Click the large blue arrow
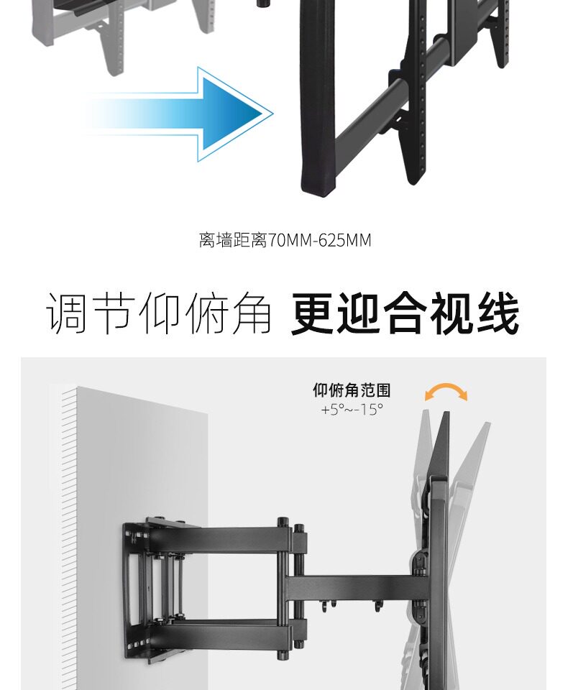(209, 114)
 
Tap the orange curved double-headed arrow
(446, 390)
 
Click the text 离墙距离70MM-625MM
(285, 240)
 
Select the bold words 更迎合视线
(405, 313)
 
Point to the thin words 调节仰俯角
(159, 313)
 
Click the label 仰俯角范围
(352, 390)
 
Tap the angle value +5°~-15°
(352, 410)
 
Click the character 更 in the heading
(314, 313)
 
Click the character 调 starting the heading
(69, 313)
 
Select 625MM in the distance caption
(344, 240)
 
